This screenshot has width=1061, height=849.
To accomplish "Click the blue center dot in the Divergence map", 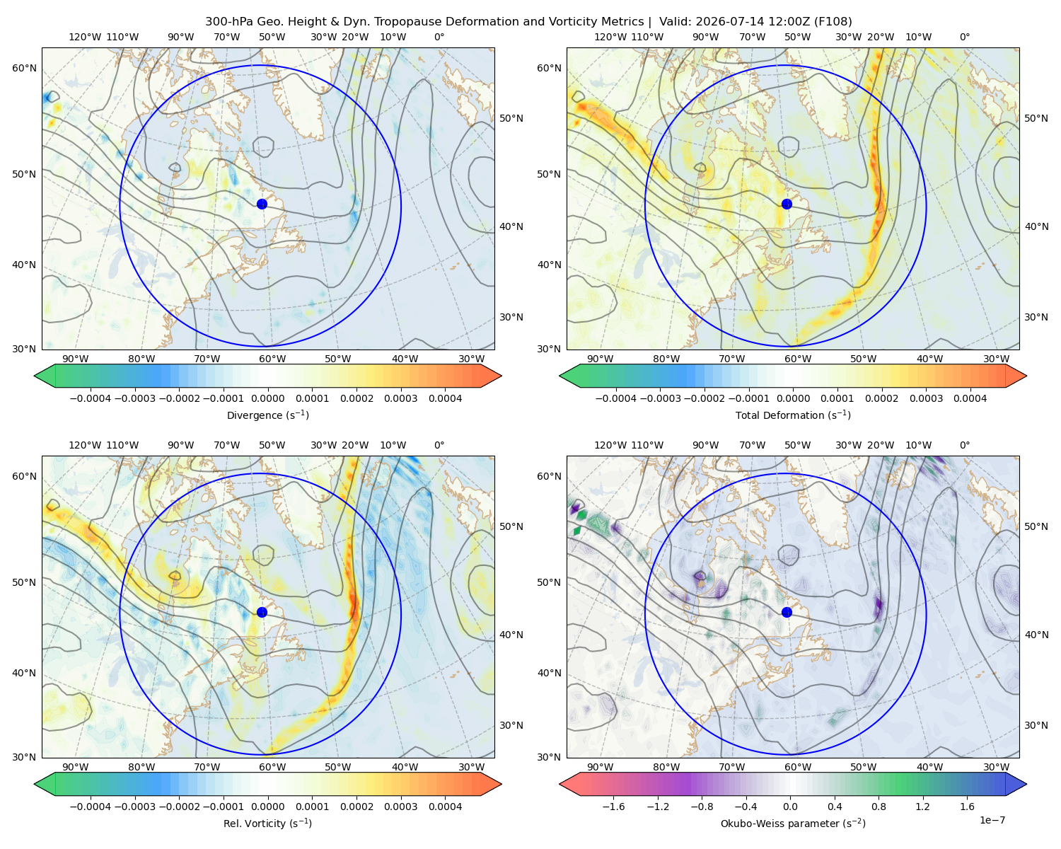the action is [x=262, y=204].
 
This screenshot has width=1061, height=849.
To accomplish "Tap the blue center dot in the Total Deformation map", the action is [x=787, y=204].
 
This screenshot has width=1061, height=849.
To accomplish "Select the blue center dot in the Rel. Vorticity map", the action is [x=262, y=612].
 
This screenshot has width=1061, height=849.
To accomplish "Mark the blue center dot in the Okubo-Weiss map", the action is [x=787, y=612].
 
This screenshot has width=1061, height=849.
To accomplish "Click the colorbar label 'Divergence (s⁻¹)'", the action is [x=267, y=415].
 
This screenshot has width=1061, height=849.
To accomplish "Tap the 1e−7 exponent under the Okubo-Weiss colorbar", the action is [x=992, y=820].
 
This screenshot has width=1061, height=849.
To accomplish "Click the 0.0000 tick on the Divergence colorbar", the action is [x=267, y=398].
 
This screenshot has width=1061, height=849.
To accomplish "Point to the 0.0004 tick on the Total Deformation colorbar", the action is [x=970, y=398].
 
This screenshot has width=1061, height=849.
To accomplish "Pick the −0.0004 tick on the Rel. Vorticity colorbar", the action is [x=91, y=806].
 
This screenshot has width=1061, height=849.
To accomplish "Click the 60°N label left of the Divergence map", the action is [x=24, y=68].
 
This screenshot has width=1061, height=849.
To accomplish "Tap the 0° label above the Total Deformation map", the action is [x=964, y=37].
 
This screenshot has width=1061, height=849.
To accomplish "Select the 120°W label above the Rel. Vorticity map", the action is [x=85, y=444].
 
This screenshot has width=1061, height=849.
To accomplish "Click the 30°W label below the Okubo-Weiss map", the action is [x=996, y=767].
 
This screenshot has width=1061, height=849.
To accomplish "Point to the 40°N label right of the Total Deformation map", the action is [x=1036, y=226].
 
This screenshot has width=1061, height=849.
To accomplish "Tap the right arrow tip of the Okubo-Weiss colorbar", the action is [x=1026, y=784].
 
